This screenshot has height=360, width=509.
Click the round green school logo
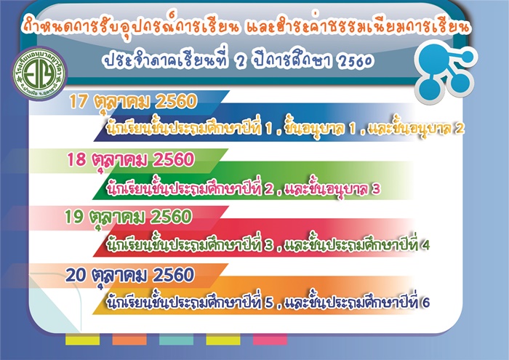click(39, 74)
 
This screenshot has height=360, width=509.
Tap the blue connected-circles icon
click(446, 72)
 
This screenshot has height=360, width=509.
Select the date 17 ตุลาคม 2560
click(133, 103)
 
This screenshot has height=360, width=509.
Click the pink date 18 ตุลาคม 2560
click(130, 161)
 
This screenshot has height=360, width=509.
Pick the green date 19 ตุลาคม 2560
click(128, 217)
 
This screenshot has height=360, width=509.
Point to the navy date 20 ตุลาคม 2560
click(130, 276)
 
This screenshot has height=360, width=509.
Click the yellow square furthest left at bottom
click(82, 339)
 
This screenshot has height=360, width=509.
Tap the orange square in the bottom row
click(129, 339)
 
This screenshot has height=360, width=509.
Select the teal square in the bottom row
click(176, 339)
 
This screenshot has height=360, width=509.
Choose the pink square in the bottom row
click(270, 339)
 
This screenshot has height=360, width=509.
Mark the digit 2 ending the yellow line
click(460, 129)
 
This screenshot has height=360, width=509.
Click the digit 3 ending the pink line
click(376, 189)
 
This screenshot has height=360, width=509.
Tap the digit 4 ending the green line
click(425, 245)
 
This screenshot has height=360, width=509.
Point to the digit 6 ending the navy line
click(426, 303)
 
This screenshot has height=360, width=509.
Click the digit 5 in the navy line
click(269, 303)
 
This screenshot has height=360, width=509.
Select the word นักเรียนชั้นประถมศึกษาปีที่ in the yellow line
click(184, 128)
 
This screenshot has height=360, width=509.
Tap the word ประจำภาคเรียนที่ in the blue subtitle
click(166, 60)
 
